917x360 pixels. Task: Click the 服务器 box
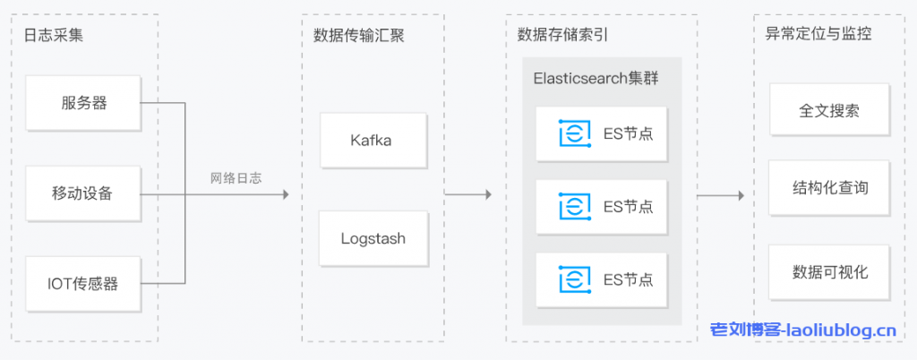click(84, 103)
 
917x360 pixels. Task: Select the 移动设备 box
click(84, 193)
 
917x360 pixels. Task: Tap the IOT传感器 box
click(84, 284)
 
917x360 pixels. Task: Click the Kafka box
click(371, 141)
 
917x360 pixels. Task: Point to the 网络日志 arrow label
click(236, 178)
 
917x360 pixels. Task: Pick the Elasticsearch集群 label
click(596, 79)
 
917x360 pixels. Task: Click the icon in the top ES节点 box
click(574, 133)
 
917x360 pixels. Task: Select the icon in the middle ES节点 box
click(574, 206)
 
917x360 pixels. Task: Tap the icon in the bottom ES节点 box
click(574, 279)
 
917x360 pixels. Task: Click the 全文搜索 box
click(829, 111)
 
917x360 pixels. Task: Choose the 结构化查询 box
click(829, 188)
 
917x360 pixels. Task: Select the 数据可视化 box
click(829, 271)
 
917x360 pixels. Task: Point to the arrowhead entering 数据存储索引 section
click(488, 194)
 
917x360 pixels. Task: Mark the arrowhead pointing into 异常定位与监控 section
click(741, 194)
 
